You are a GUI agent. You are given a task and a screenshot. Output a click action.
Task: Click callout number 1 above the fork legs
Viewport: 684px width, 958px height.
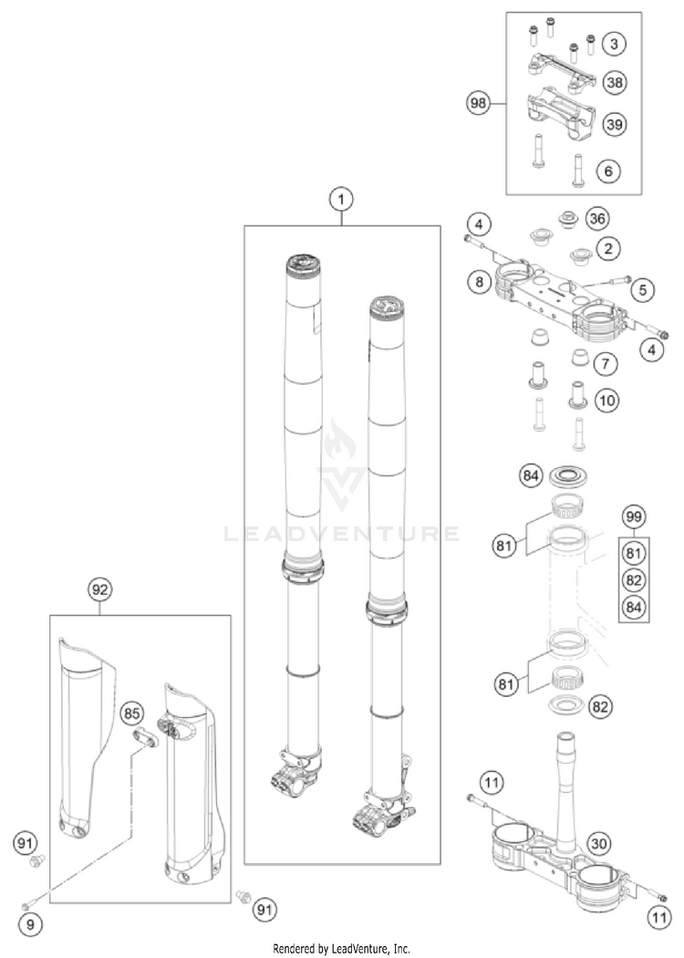[x=341, y=198]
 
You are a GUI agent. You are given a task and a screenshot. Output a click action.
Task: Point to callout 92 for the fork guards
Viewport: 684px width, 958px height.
[x=100, y=589]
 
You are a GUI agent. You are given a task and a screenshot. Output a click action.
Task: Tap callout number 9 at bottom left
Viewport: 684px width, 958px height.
[x=29, y=924]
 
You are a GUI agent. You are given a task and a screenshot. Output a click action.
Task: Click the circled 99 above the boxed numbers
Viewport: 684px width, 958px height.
[x=635, y=518]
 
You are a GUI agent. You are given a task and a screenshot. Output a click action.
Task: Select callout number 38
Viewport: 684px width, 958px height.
[x=614, y=82]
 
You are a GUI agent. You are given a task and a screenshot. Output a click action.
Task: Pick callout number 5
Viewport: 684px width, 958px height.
[x=643, y=290]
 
